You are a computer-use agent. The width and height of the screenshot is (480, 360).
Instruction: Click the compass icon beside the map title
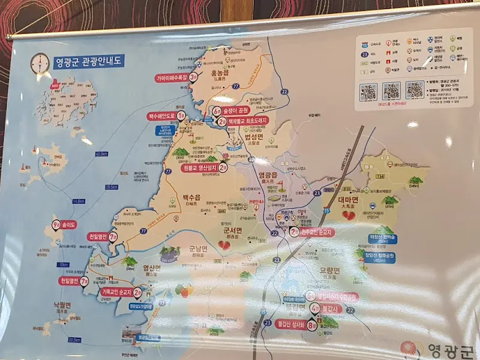coord(41,62)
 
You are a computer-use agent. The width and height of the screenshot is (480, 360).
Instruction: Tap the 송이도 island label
coord(65,226)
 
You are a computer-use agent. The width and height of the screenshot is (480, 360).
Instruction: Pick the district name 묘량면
coord(328,271)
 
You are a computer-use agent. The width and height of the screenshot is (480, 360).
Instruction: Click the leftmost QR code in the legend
coord(368,92)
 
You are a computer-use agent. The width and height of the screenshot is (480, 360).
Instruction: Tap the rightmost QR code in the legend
coord(415,89)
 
